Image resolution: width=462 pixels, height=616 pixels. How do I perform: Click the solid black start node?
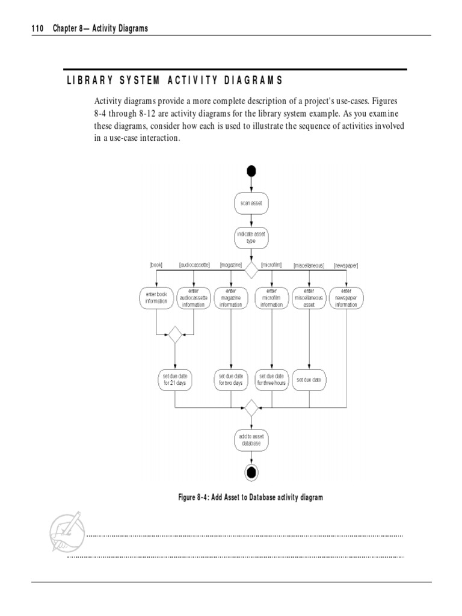251,171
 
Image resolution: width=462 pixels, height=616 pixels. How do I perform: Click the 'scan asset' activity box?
251,203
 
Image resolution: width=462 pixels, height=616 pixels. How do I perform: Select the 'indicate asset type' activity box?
251,238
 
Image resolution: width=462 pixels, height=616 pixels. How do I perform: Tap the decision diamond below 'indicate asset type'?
251,270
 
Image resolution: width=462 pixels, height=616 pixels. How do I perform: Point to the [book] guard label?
156,265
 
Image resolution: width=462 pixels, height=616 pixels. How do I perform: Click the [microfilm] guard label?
273,265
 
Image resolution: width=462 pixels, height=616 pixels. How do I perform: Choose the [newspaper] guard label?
346,265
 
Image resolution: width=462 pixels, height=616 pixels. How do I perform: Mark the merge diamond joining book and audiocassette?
174,334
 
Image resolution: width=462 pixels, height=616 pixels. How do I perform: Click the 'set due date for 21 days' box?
174,380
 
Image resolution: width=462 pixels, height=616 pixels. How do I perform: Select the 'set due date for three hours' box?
272,380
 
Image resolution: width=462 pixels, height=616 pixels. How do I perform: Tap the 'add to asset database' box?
251,440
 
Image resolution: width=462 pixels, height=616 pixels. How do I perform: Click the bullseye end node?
251,473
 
